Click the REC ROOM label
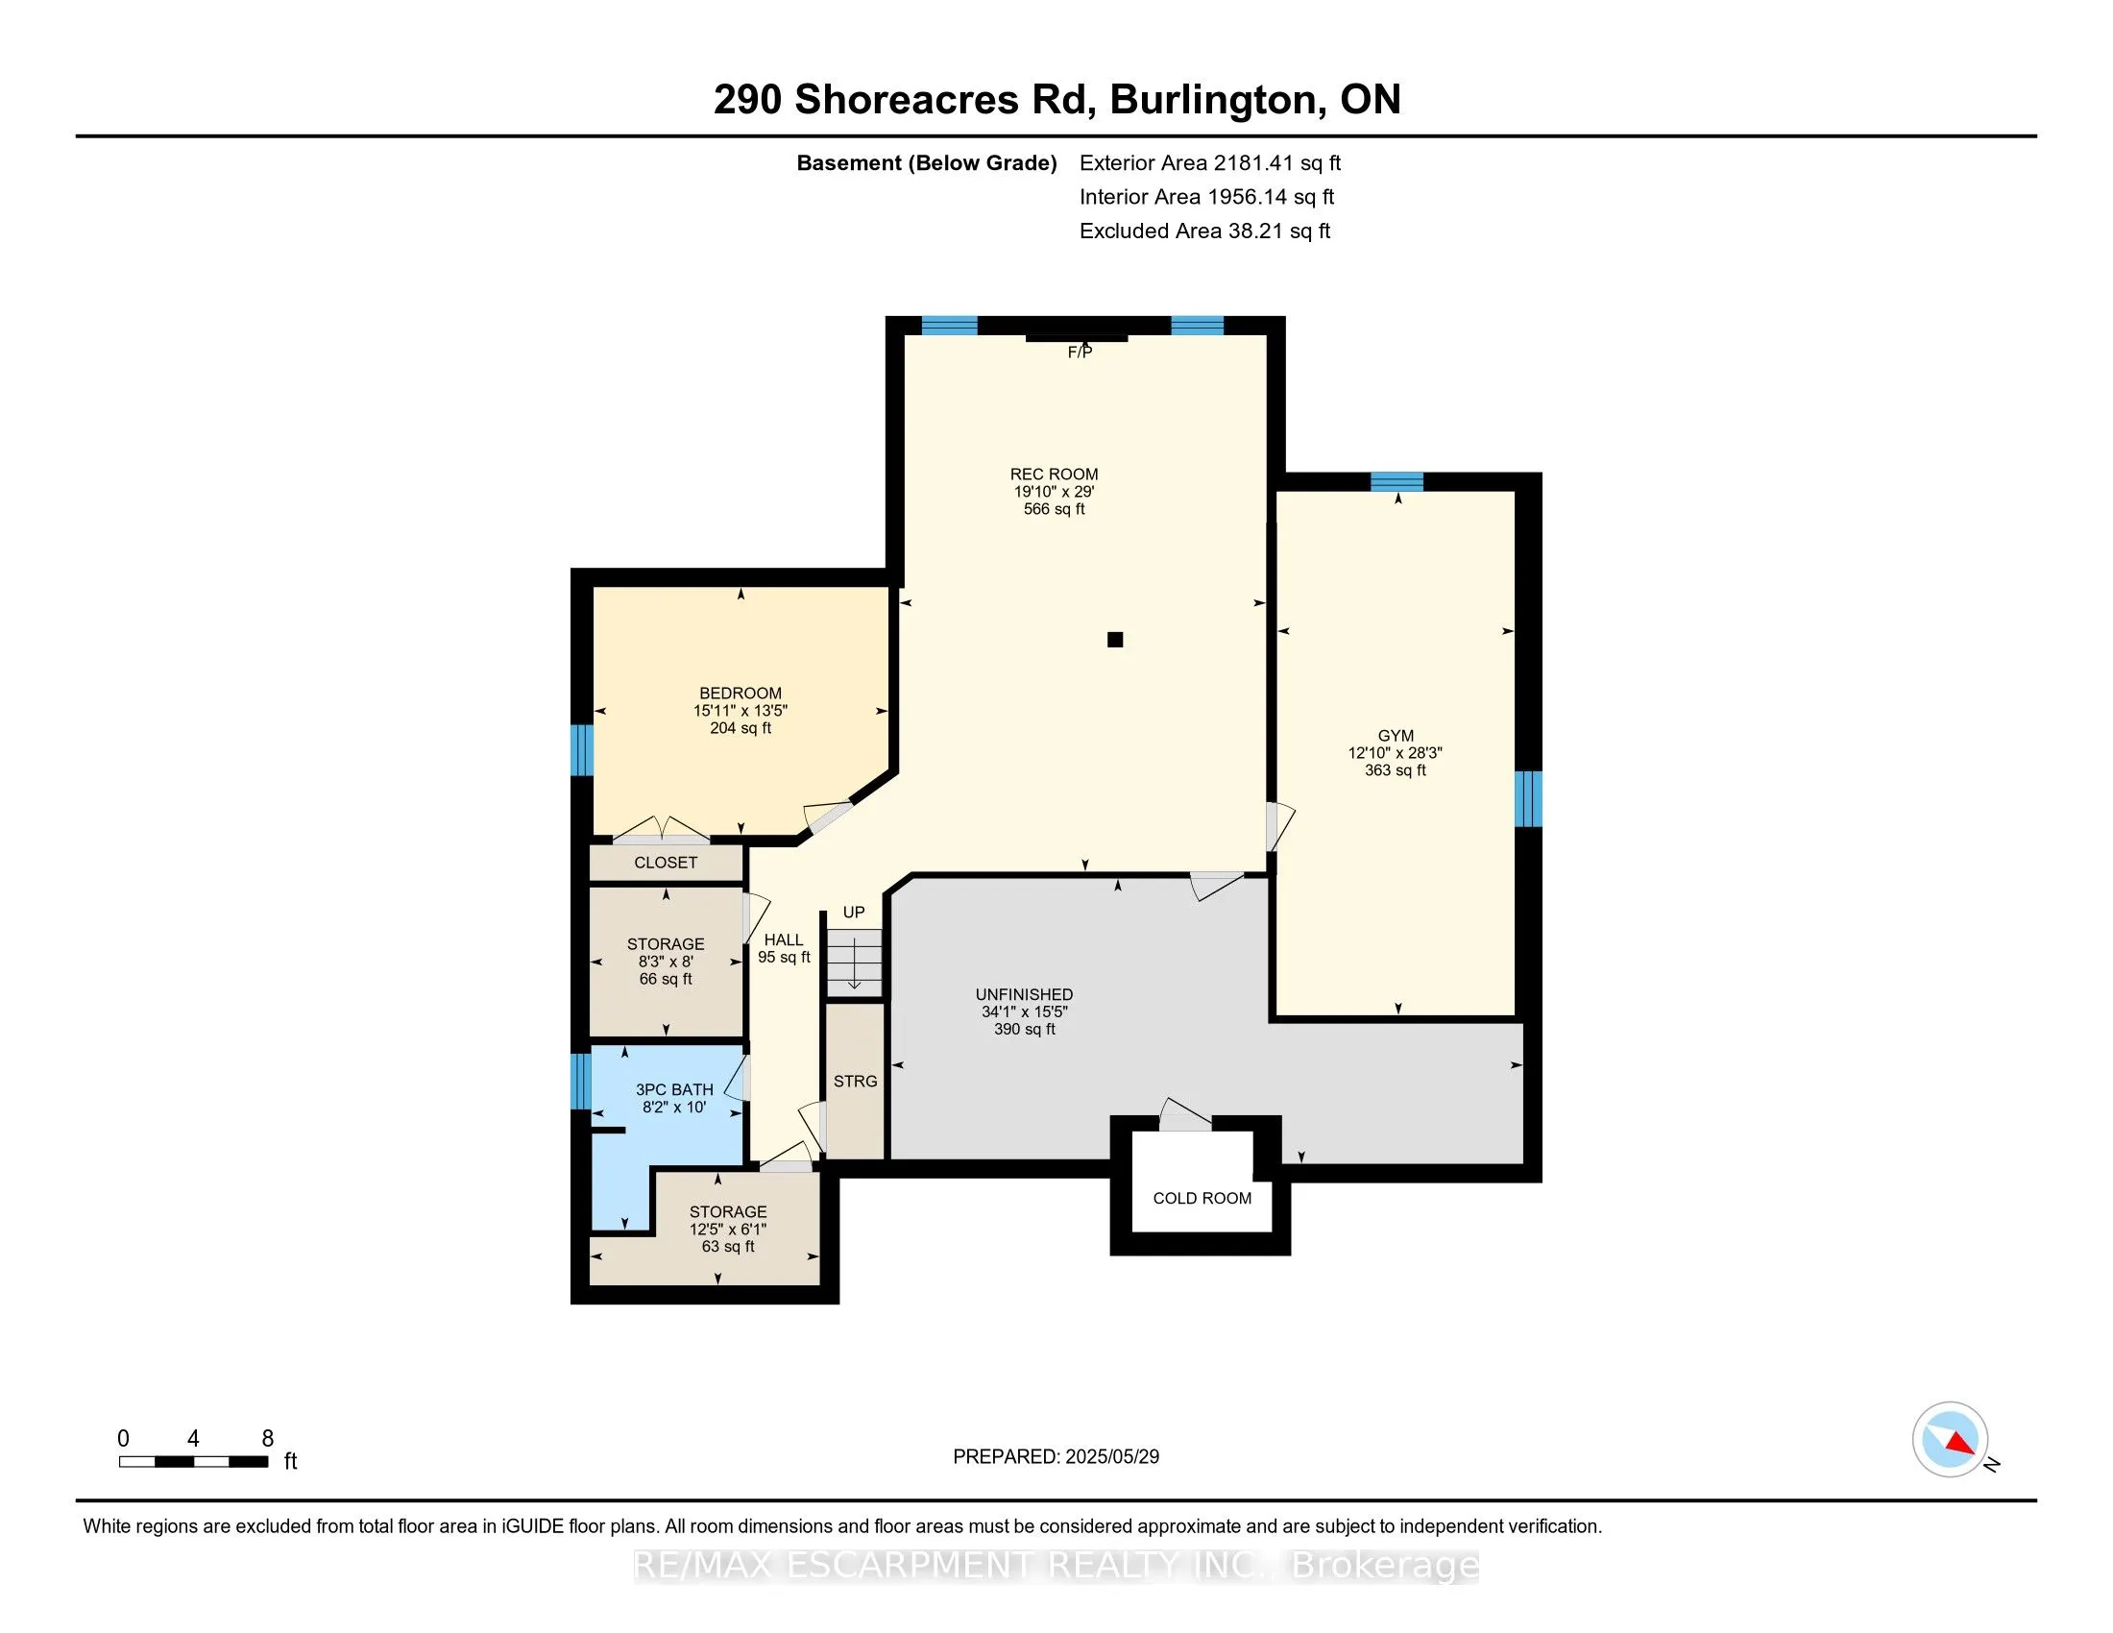tap(1054, 474)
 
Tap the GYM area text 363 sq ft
tap(1396, 770)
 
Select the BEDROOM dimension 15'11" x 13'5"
tap(741, 710)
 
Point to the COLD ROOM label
tap(1202, 1198)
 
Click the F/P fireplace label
tap(1080, 353)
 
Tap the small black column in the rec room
tap(1114, 640)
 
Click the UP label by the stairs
tap(853, 913)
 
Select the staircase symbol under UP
tap(854, 963)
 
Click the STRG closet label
tap(855, 1081)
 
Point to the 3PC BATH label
tap(674, 1089)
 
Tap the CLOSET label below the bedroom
tap(666, 862)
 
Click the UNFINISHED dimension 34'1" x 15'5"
tap(1024, 1011)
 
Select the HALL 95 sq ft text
tap(784, 957)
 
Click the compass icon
tap(1950, 1439)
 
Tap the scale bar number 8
tap(268, 1439)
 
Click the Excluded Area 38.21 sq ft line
tap(1204, 232)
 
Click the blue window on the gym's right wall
tap(1528, 798)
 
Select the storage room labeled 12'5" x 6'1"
tap(728, 1230)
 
